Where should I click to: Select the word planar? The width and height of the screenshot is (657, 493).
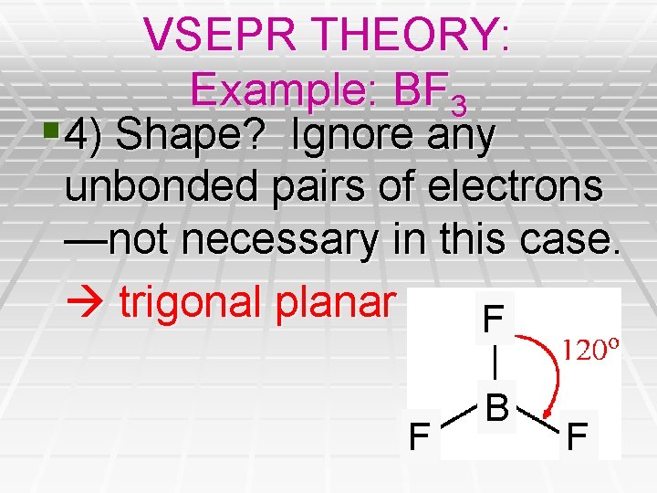point(337,301)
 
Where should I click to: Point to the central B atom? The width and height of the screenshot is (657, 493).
point(497,408)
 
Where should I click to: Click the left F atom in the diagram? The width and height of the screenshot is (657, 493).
point(419,435)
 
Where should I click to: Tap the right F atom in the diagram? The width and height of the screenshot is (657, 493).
point(577,435)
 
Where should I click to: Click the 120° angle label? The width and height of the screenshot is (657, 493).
point(590,350)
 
